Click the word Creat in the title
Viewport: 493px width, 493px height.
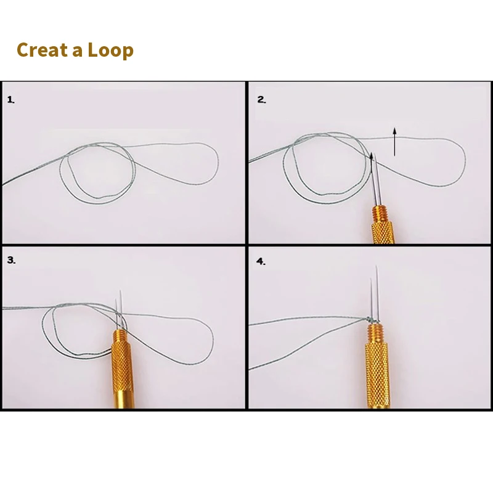point(42,50)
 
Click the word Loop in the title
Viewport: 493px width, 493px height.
point(111,51)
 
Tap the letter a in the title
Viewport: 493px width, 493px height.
point(78,52)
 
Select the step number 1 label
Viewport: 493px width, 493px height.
point(10,100)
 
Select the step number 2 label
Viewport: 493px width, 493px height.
point(261,100)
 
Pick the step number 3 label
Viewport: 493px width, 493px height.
point(11,260)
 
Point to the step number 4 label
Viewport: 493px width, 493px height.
point(261,261)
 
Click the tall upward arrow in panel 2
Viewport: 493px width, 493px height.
point(394,142)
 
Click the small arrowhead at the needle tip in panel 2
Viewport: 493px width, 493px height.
point(372,155)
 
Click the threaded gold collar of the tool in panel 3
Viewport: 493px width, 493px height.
point(120,335)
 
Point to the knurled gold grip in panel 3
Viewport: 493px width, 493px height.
point(121,365)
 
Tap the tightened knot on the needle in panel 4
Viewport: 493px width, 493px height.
point(372,320)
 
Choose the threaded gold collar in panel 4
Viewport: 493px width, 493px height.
point(376,334)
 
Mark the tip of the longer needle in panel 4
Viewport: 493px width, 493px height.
point(377,266)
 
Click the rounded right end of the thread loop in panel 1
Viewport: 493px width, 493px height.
point(217,163)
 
